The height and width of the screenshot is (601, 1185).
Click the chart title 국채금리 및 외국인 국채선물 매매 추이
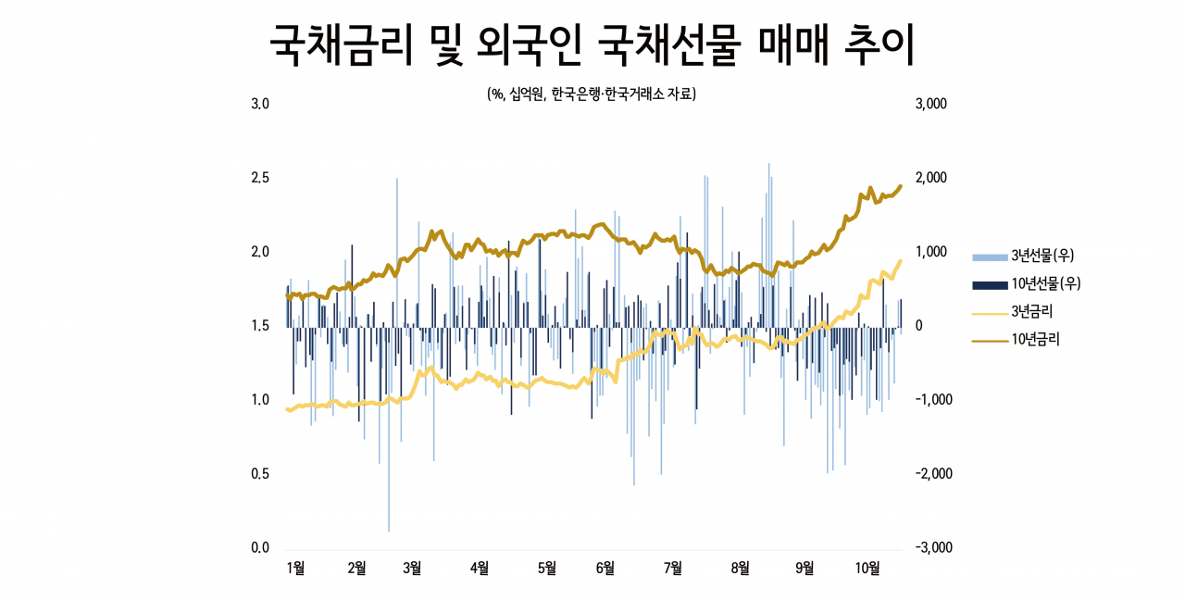pyautogui.click(x=592, y=44)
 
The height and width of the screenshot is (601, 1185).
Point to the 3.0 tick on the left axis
pyautogui.click(x=260, y=104)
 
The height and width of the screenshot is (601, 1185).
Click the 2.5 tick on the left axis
pyautogui.click(x=260, y=178)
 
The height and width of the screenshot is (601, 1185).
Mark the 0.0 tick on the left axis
pyautogui.click(x=260, y=547)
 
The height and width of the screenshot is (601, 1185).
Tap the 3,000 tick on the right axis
pyautogui.click(x=931, y=104)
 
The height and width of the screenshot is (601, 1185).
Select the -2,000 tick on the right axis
pyautogui.click(x=934, y=473)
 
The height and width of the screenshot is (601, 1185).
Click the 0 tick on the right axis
pyautogui.click(x=919, y=326)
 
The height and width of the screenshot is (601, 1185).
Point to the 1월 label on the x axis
pyautogui.click(x=295, y=569)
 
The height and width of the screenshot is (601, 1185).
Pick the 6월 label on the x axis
pyautogui.click(x=605, y=569)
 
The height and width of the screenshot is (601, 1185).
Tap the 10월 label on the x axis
pyautogui.click(x=867, y=569)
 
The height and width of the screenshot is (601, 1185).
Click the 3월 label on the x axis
pyautogui.click(x=412, y=569)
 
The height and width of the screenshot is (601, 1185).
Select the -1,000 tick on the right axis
pyautogui.click(x=934, y=399)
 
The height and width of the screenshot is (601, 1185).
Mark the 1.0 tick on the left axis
pyautogui.click(x=260, y=399)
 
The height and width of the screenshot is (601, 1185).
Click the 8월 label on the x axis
pyautogui.click(x=740, y=569)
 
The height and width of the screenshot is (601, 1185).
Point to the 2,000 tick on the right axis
pyautogui.click(x=931, y=178)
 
